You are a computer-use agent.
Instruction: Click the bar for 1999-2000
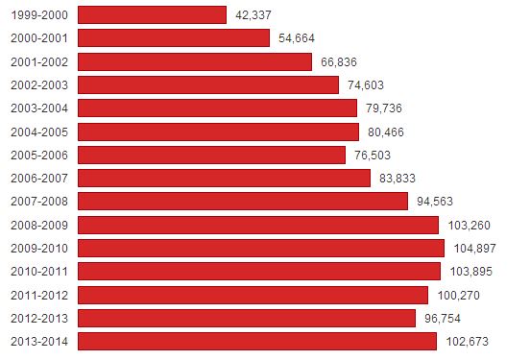(x=152, y=14)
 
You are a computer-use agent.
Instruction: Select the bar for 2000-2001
(x=174, y=37)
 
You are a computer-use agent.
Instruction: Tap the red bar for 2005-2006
(x=211, y=156)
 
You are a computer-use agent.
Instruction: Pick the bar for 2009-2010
(x=261, y=248)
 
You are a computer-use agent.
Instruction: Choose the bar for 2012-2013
(x=247, y=318)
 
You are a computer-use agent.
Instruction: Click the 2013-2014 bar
(x=257, y=342)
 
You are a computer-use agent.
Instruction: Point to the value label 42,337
(x=253, y=15)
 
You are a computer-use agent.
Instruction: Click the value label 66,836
(x=339, y=62)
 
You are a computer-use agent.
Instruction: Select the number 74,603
(x=366, y=85)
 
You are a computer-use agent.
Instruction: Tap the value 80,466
(x=386, y=132)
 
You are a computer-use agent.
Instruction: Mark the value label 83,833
(x=397, y=179)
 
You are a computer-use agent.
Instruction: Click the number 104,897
(x=474, y=249)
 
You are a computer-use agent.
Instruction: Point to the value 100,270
(x=458, y=296)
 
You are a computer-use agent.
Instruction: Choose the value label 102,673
(x=468, y=342)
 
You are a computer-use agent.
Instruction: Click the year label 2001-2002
(x=39, y=62)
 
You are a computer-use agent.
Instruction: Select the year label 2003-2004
(x=39, y=108)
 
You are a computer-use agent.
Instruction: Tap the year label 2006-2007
(x=39, y=179)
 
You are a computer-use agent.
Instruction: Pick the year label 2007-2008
(x=39, y=202)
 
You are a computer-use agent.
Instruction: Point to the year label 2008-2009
(x=39, y=226)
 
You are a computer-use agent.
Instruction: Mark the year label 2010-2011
(x=39, y=272)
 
